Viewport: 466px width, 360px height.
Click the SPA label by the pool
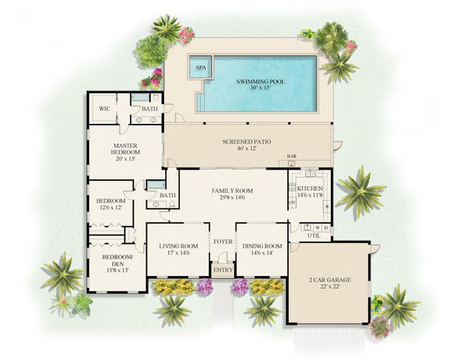[200, 67]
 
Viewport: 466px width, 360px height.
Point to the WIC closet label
[105, 109]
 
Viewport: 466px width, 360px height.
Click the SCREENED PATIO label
[247, 141]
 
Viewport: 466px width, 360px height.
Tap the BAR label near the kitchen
[293, 157]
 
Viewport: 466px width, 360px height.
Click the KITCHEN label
[310, 188]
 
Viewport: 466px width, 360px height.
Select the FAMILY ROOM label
[232, 190]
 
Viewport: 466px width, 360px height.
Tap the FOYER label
[223, 241]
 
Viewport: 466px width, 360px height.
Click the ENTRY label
[223, 269]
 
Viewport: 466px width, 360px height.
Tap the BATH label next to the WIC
[150, 109]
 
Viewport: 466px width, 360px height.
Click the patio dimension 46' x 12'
[247, 148]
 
